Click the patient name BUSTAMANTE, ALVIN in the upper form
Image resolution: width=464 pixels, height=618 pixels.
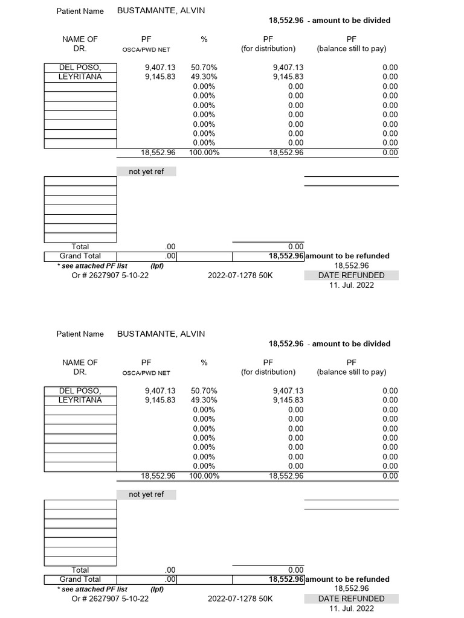(x=161, y=10)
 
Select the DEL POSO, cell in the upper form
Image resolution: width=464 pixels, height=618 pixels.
(x=80, y=68)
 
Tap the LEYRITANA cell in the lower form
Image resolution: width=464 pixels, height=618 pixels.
(x=80, y=400)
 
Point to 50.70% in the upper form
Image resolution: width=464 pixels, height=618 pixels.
(x=204, y=68)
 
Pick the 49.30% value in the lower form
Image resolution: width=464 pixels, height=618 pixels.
(x=204, y=400)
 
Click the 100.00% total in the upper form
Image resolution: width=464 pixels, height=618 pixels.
(x=204, y=153)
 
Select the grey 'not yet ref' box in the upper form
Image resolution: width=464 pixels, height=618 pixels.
(x=146, y=171)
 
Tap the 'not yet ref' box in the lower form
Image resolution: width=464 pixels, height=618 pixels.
(x=146, y=494)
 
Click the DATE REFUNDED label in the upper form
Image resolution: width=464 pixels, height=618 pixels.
(x=351, y=275)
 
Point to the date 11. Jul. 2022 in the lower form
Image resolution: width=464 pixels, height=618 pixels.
(x=351, y=608)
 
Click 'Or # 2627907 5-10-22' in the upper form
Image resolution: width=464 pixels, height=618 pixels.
(x=110, y=275)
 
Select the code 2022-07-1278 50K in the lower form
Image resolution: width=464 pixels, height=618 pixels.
(x=240, y=599)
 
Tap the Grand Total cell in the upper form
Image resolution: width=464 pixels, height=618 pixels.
(x=80, y=256)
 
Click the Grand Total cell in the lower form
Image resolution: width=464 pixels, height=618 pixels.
(x=80, y=579)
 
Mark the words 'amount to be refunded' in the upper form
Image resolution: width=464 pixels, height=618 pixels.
(x=348, y=256)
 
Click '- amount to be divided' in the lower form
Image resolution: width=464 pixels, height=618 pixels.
(x=349, y=343)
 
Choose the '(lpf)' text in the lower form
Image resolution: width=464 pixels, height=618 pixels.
(x=157, y=589)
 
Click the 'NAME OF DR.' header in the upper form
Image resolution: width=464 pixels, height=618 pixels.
(x=80, y=43)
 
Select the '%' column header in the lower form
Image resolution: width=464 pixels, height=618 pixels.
(x=204, y=363)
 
